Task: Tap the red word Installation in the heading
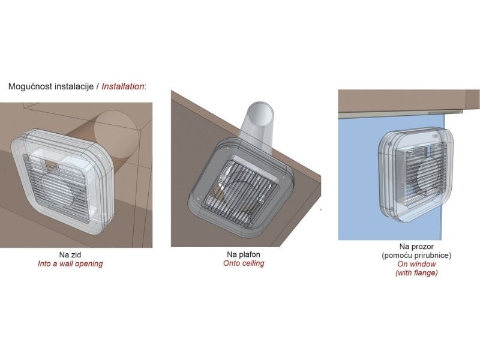[x=122, y=86]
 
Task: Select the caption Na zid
[x=70, y=254]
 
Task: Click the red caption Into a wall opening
[x=70, y=263]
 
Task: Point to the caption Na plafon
[x=244, y=254]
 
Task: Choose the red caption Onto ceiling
[x=244, y=263]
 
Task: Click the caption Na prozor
[x=416, y=247]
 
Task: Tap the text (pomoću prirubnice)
[x=416, y=255]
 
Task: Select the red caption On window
[x=416, y=264]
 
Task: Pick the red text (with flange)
[x=416, y=272]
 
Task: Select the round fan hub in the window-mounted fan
[x=428, y=176]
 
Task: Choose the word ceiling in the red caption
[x=253, y=263]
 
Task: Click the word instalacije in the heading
[x=74, y=86]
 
